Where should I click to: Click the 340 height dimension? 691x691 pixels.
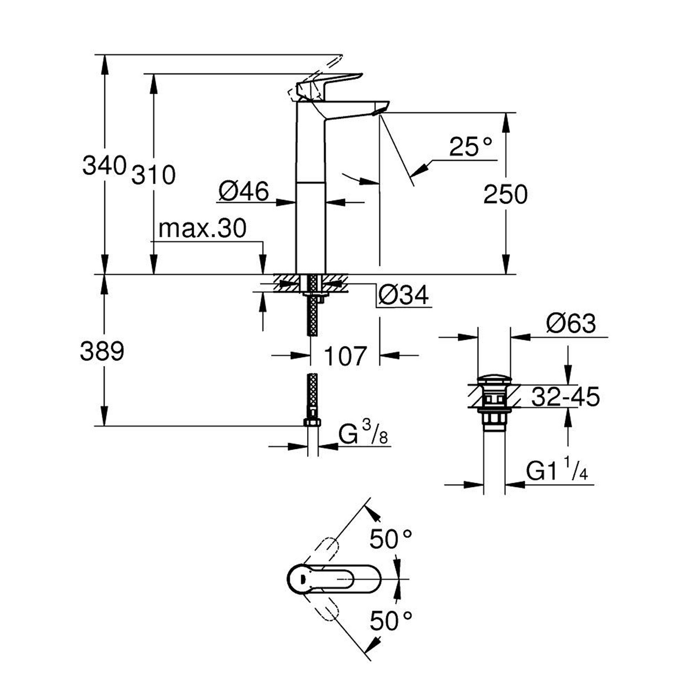104,165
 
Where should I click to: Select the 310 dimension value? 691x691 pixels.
154,175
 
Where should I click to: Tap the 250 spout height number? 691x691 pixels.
505,194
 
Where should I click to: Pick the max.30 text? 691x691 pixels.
202,229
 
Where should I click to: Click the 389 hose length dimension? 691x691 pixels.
102,352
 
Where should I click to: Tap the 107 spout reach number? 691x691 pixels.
345,356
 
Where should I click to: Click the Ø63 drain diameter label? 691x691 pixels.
571,324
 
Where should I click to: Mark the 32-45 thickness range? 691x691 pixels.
565,398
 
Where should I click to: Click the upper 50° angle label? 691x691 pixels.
391,539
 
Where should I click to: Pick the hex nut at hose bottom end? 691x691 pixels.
313,422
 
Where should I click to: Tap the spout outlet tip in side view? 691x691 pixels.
379,110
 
